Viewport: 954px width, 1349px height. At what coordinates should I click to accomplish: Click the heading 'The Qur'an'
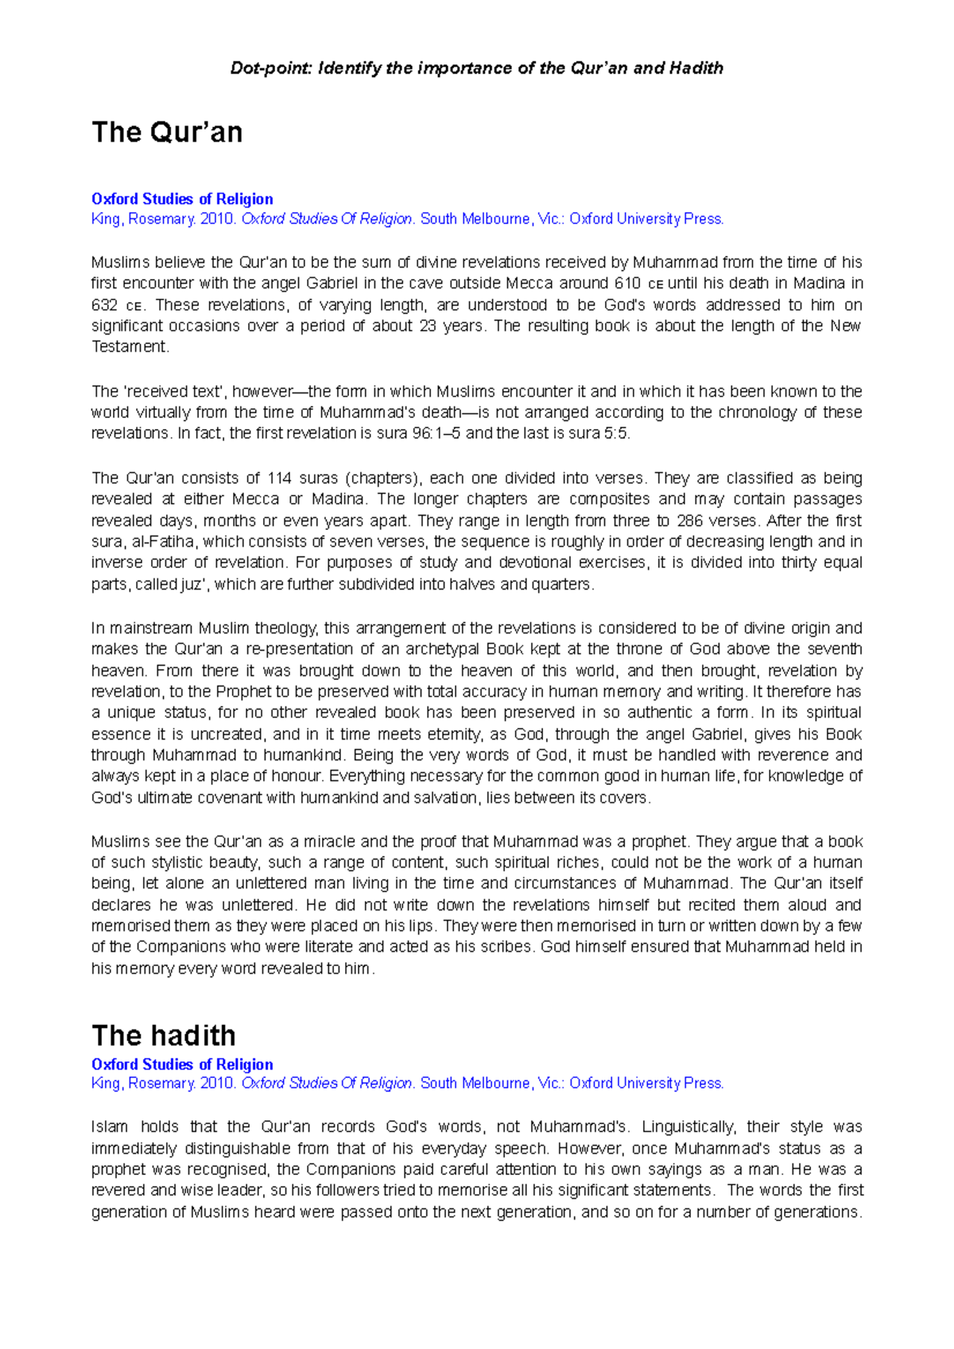pos(167,132)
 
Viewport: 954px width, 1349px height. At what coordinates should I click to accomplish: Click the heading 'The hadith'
pos(164,1035)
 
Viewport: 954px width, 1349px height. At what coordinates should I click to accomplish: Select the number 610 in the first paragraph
pos(628,284)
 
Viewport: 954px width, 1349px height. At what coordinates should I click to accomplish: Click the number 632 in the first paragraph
pos(105,305)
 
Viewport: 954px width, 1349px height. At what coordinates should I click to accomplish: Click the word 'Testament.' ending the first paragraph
pos(130,347)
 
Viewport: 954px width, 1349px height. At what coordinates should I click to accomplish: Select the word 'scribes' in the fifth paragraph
pos(508,947)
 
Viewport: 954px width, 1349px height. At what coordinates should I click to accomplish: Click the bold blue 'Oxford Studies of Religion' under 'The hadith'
pos(182,1065)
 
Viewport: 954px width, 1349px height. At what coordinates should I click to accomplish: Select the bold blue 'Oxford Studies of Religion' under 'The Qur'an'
pos(182,199)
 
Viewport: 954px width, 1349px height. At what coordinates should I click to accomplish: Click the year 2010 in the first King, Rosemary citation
pos(217,219)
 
